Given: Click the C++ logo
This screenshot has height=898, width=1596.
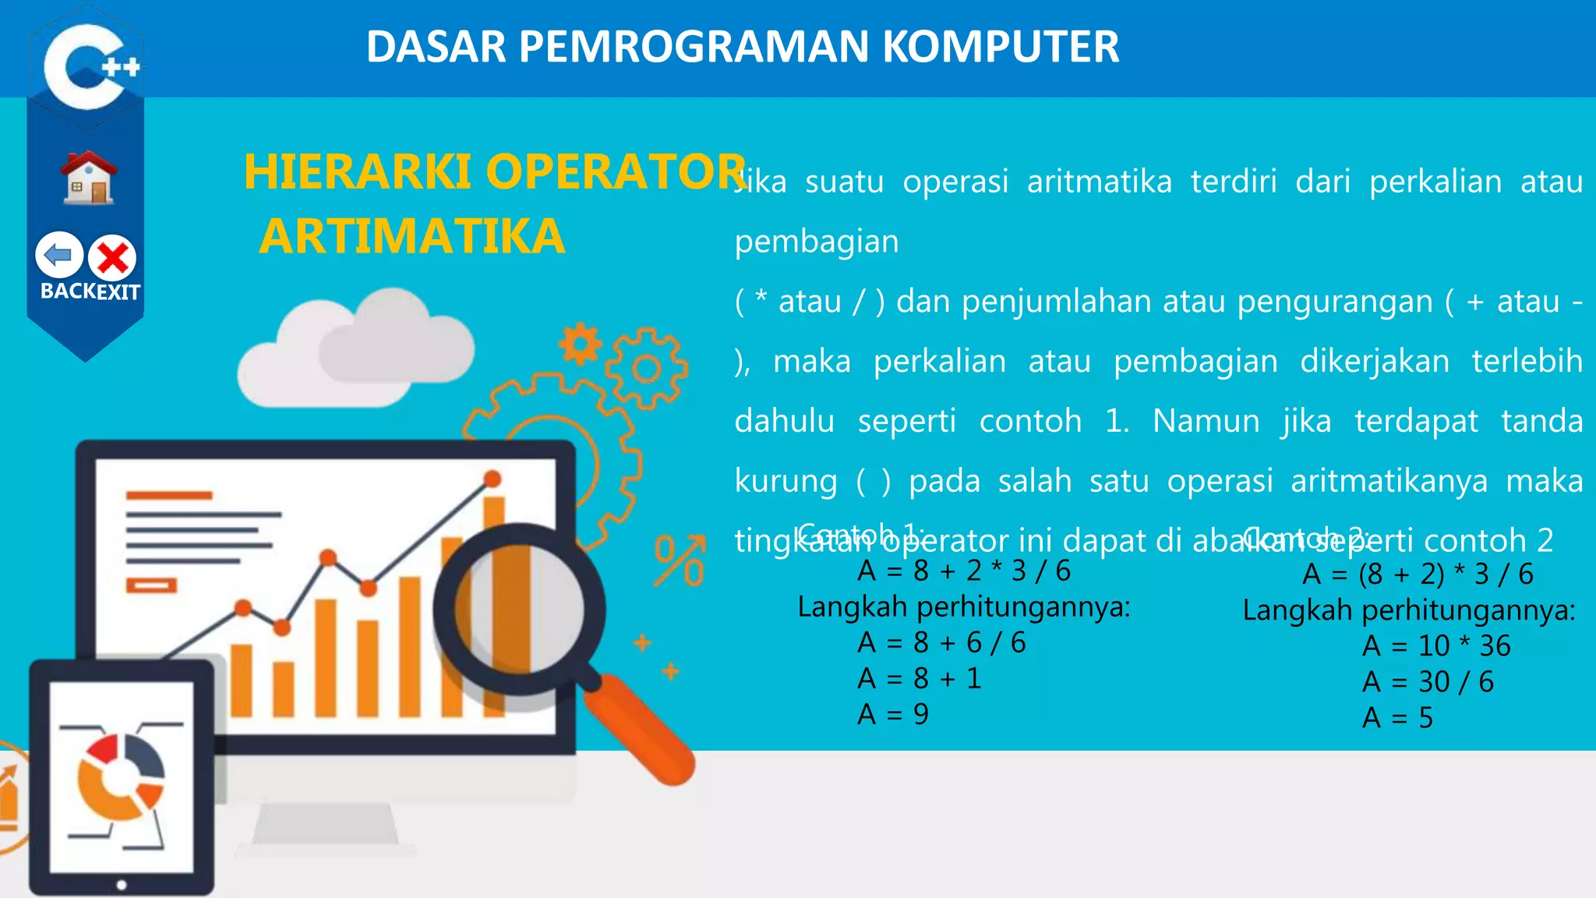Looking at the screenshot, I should coord(87,65).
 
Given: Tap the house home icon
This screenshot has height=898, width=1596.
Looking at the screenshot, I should coord(90,178).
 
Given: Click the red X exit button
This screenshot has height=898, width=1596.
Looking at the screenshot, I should coord(112,257).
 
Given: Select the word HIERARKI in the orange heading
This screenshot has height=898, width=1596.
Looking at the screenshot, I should coord(357,171).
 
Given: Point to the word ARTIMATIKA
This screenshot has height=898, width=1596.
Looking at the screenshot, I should coord(411,237).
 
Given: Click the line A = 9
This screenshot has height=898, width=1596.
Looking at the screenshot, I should coord(892,714).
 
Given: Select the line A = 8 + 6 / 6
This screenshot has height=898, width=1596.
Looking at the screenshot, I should coord(941,642).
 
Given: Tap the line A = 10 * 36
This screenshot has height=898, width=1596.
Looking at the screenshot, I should coord(1435,645).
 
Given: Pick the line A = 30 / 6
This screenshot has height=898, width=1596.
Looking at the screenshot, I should coord(1427,681).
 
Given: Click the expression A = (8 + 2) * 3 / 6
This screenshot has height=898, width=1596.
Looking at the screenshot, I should coord(1417,574).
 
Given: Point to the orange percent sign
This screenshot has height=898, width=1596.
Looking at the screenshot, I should coord(680,560).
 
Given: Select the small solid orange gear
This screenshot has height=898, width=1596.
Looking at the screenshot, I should coord(580,344).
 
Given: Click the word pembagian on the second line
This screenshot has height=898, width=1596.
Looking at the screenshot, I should coord(816,241).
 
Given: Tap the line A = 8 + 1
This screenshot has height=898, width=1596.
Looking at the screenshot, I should coord(919,678).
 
